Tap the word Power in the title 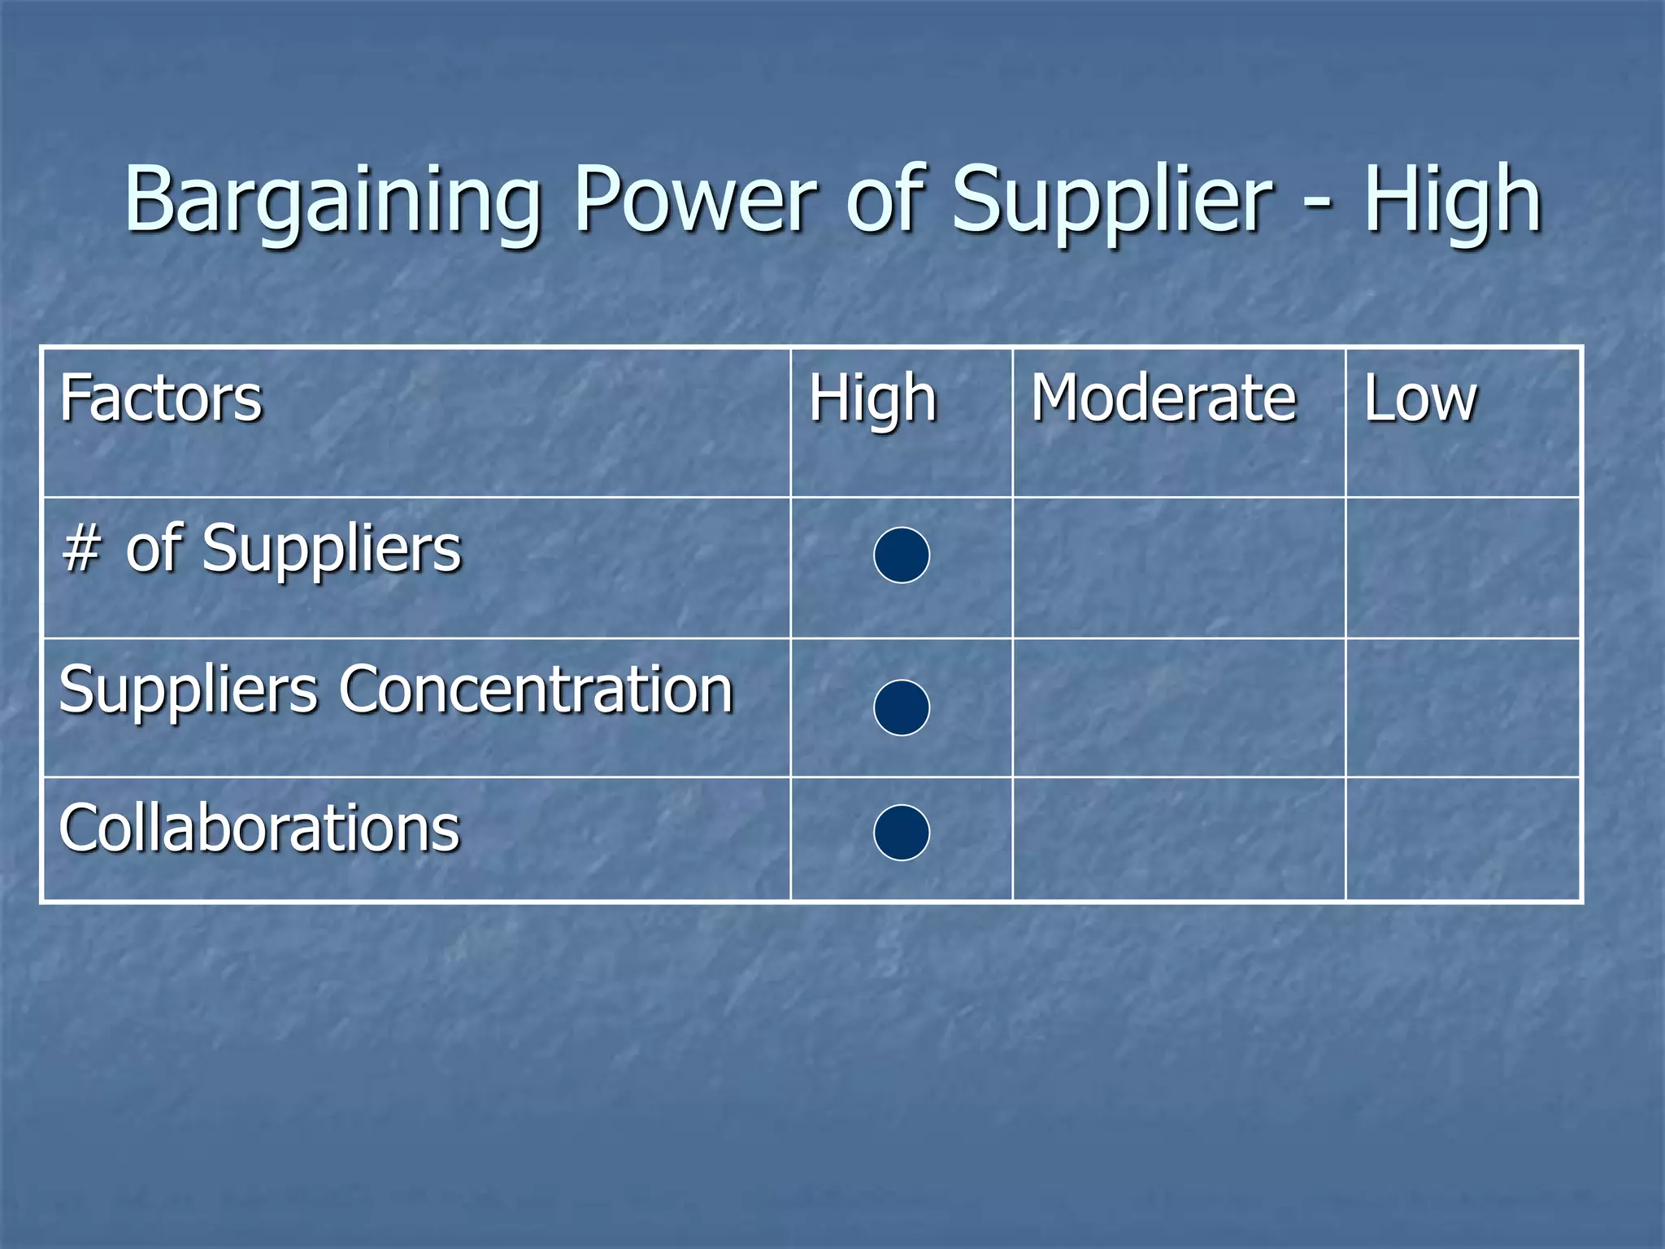(x=695, y=199)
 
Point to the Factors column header (x=161, y=398)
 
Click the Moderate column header (x=1163, y=398)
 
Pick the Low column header (x=1419, y=398)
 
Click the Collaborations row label (x=259, y=829)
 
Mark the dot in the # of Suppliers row (x=902, y=555)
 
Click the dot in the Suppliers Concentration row (x=902, y=707)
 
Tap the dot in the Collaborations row (x=902, y=833)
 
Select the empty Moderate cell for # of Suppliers (x=1179, y=568)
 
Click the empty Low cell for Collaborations (x=1463, y=839)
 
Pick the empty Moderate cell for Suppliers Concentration (x=1179, y=707)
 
